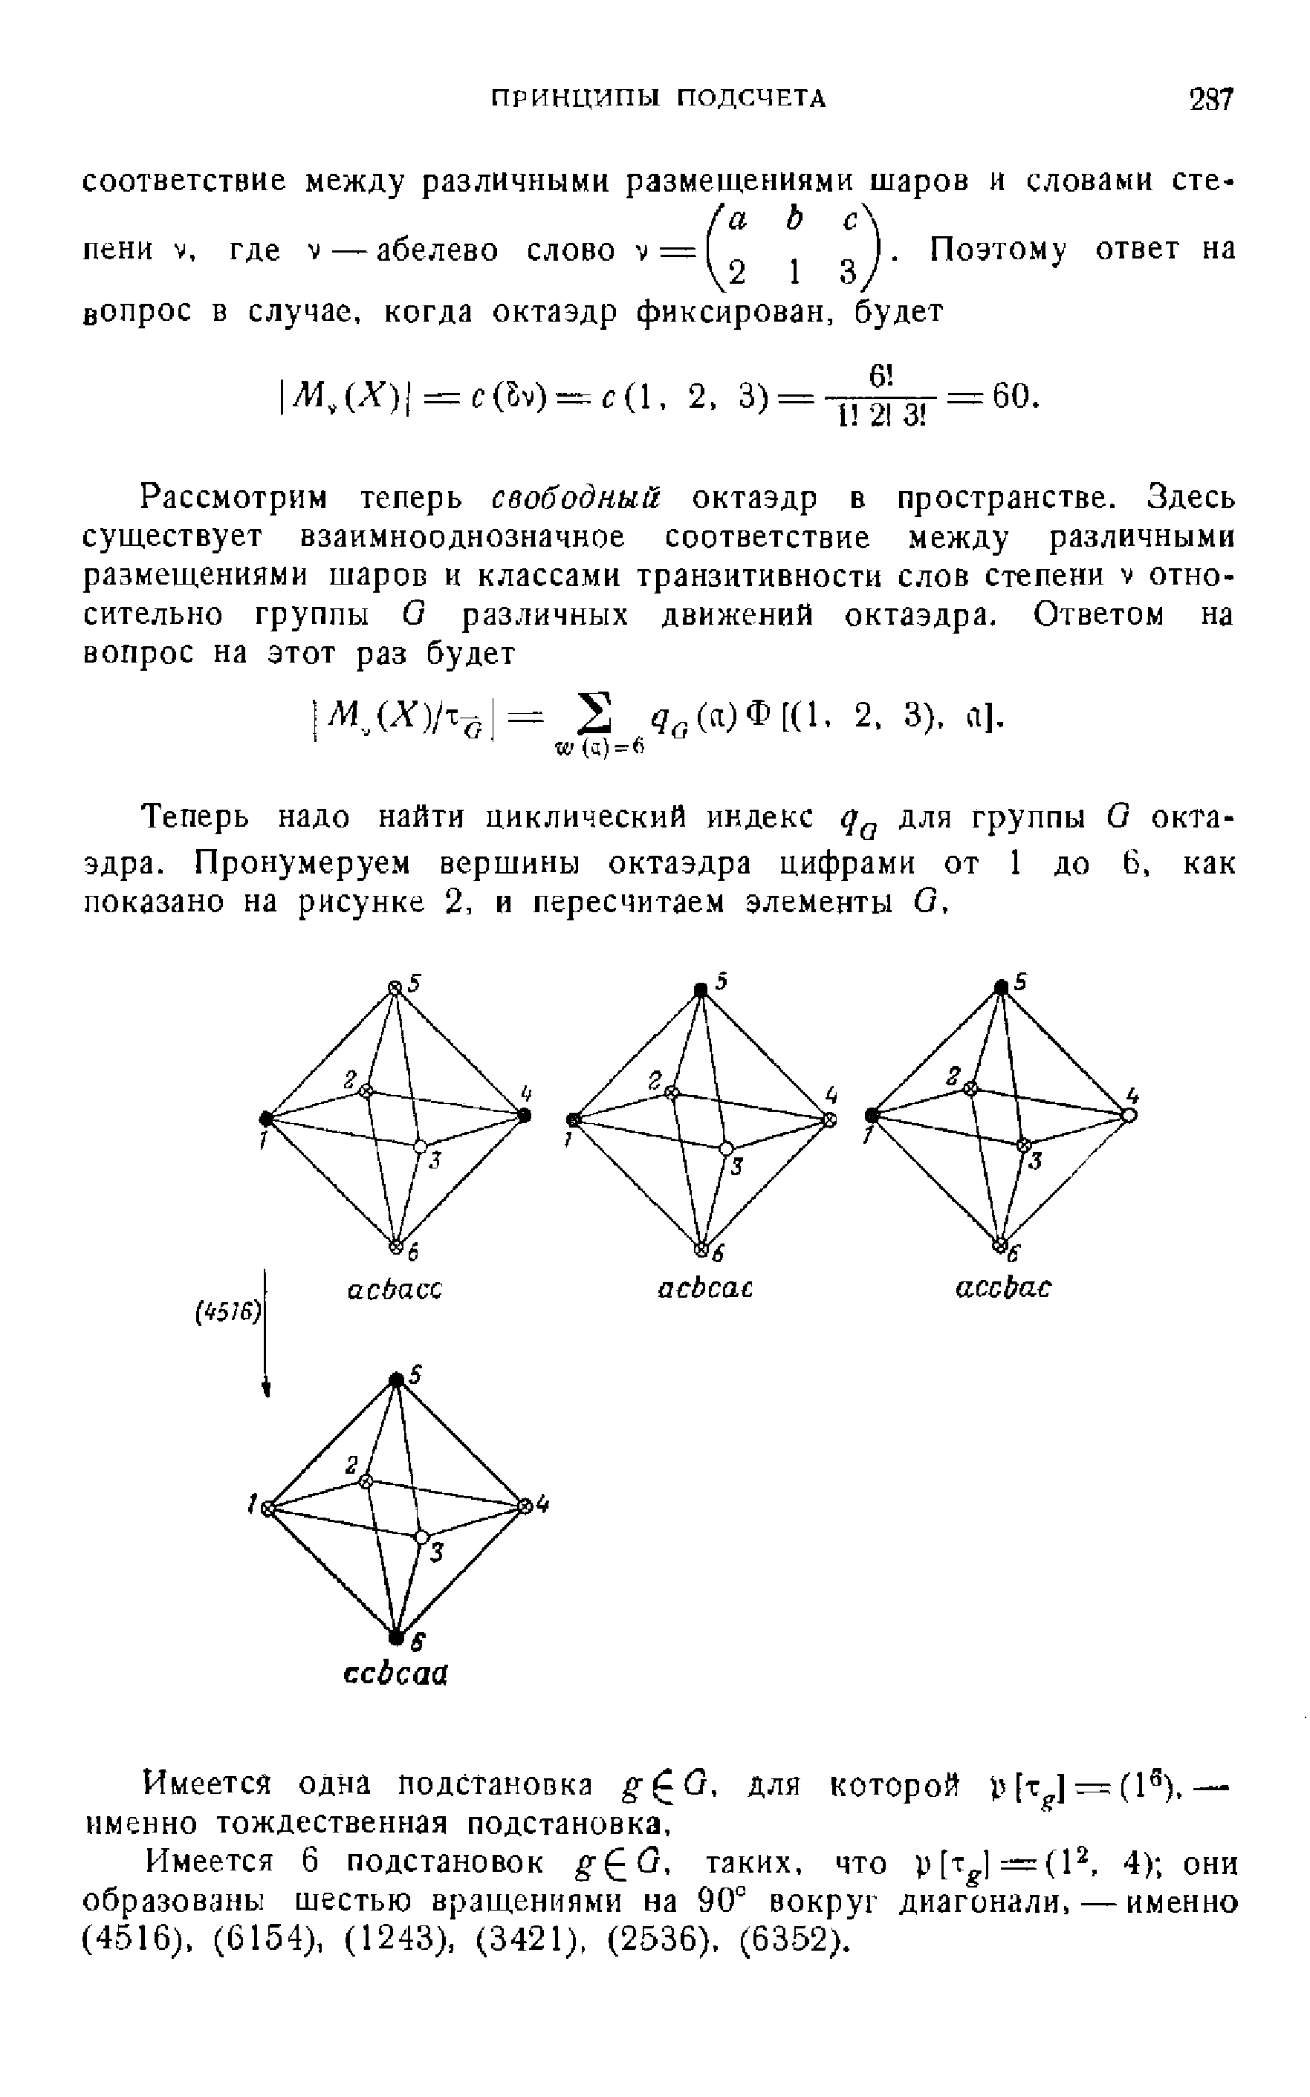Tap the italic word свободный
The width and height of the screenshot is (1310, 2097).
[576, 500]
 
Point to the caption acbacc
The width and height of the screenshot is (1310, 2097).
[395, 1290]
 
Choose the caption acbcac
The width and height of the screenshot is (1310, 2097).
[704, 1289]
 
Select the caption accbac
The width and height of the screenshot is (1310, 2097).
[1002, 1289]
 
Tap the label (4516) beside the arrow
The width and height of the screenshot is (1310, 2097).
[227, 1313]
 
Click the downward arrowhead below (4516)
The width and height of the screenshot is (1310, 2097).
[267, 1388]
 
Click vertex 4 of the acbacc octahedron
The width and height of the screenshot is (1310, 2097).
[524, 1116]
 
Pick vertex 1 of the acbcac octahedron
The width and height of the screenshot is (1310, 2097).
[572, 1119]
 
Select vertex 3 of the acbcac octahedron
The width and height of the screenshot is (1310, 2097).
[726, 1148]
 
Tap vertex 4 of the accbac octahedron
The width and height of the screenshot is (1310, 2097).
[1129, 1116]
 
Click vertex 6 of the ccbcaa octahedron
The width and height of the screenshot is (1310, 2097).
[396, 1635]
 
